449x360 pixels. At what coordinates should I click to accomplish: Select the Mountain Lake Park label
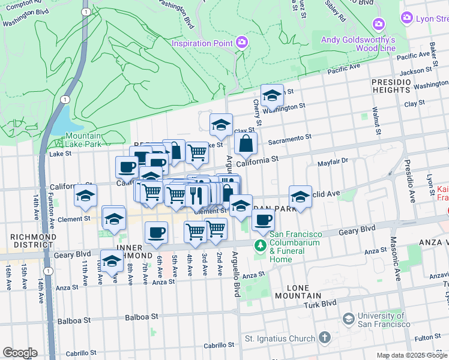[83, 140]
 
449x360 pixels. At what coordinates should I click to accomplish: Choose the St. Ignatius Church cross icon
[324, 338]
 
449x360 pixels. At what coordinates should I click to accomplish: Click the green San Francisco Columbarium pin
[260, 245]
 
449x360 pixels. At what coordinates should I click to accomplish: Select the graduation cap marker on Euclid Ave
[300, 196]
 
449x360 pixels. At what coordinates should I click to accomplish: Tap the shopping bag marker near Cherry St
[246, 144]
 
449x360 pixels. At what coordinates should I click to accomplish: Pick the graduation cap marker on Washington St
[272, 95]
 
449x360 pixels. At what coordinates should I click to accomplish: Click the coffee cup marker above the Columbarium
[262, 220]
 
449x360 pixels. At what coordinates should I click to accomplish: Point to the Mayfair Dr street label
[333, 162]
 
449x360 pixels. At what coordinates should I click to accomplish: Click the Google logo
[20, 353]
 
